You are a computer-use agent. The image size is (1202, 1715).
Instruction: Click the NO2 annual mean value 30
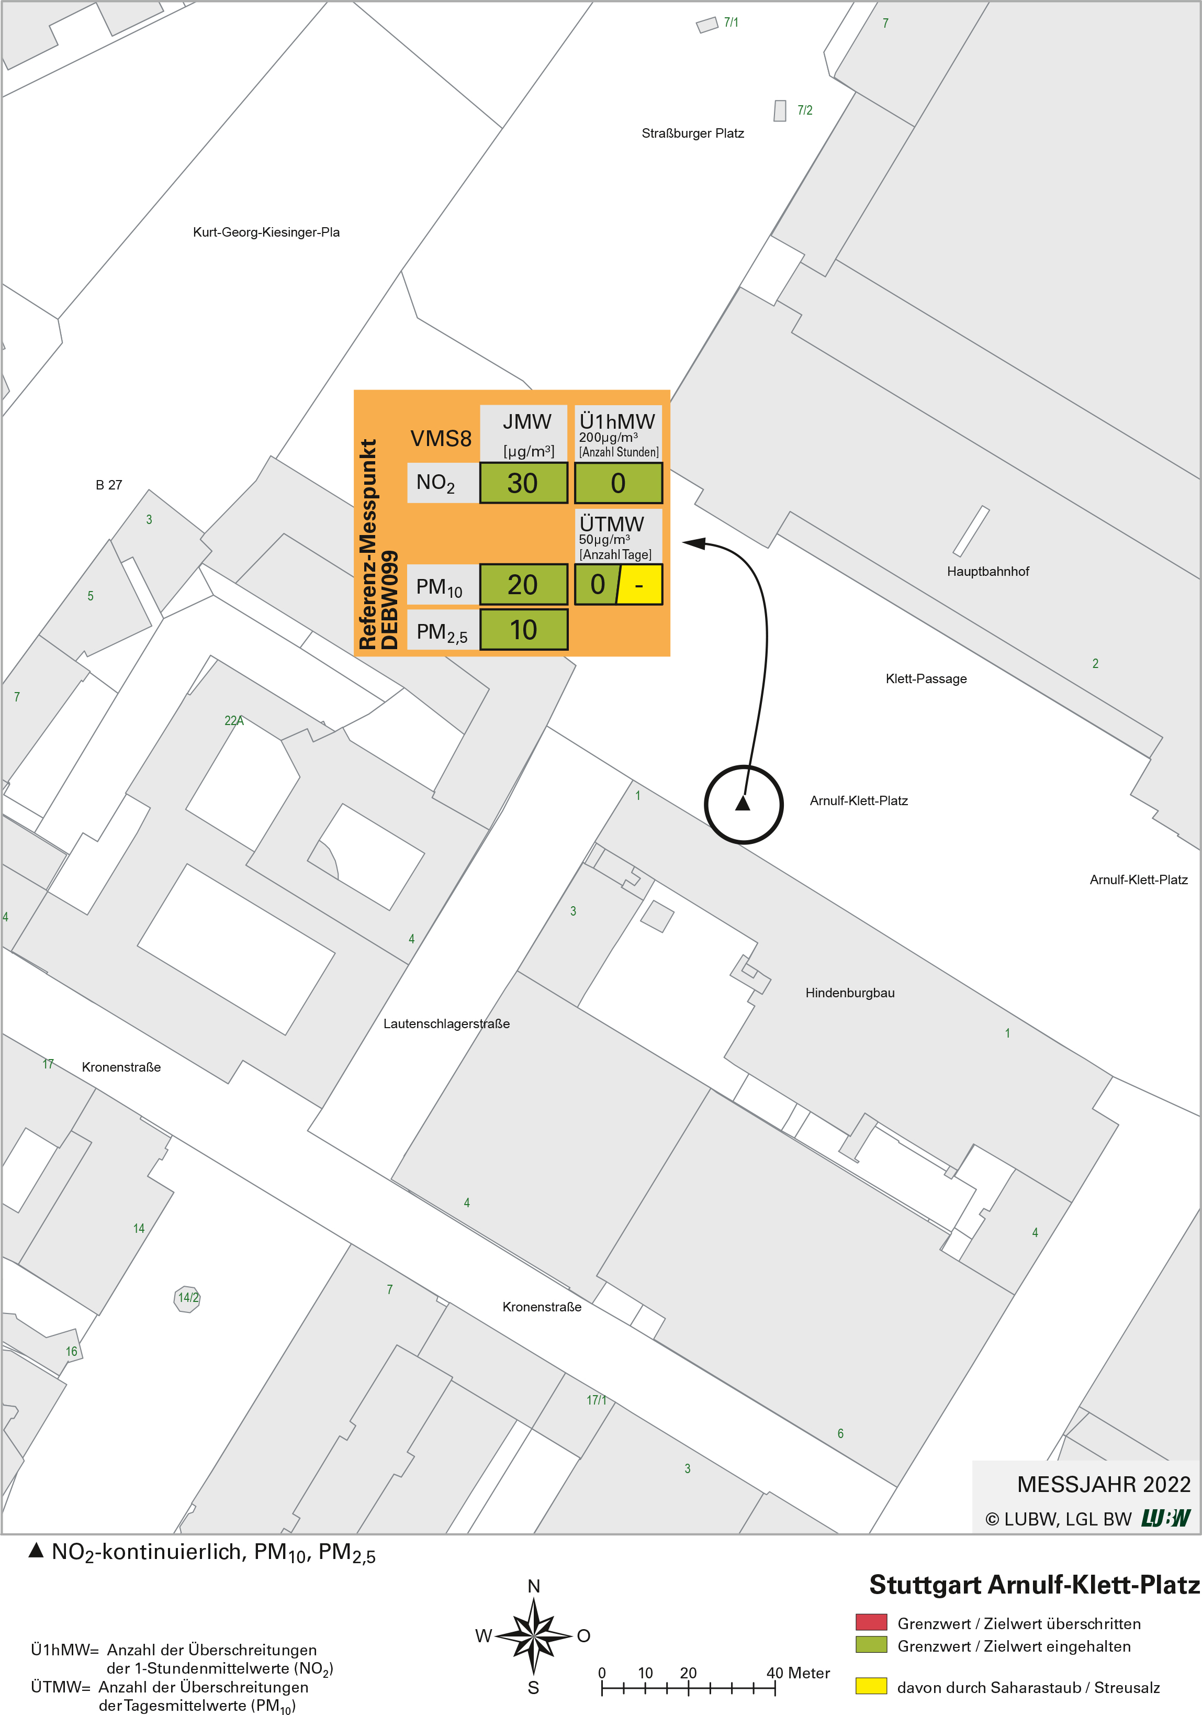click(x=523, y=483)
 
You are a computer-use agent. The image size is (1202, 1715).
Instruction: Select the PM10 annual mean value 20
click(x=523, y=585)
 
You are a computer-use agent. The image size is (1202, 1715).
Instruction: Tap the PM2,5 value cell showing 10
click(x=523, y=630)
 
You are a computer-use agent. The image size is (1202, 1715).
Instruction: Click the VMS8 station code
click(x=441, y=439)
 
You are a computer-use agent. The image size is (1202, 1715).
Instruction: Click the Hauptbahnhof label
click(x=988, y=572)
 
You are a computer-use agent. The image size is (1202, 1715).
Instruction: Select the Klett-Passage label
click(x=926, y=679)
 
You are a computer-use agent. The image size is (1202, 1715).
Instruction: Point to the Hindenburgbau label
click(x=850, y=993)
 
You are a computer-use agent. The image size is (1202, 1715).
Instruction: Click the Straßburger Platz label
click(x=693, y=133)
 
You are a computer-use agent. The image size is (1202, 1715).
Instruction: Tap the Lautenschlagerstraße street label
click(x=446, y=1024)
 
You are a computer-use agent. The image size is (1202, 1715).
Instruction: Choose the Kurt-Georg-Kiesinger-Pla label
click(x=266, y=232)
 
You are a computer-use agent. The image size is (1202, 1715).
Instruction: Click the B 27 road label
click(x=109, y=485)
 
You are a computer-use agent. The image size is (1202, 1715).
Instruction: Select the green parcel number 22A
click(x=234, y=721)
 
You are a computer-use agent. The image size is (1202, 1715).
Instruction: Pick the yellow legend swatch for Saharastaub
click(x=871, y=1686)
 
